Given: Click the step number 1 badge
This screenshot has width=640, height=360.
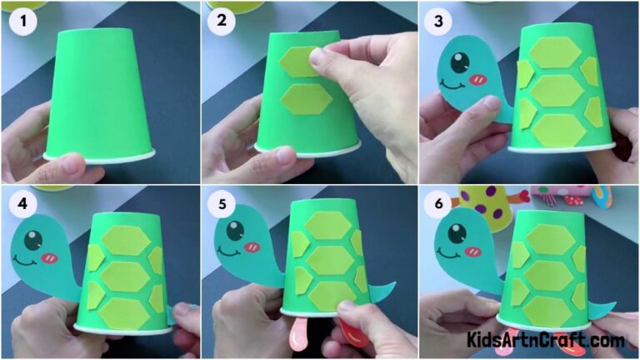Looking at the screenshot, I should (21, 22).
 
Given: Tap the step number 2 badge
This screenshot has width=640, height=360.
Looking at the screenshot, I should (222, 22).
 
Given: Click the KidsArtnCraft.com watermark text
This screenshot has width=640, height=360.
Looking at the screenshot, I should (546, 341).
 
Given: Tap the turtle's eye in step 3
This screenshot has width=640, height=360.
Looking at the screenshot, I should (459, 63).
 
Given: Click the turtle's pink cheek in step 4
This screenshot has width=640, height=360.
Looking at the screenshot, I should (49, 257).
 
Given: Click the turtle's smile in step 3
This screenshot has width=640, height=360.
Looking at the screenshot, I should (453, 84).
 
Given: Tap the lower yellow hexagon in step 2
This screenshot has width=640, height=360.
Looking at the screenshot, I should (306, 99).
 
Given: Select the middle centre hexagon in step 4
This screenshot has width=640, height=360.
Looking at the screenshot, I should (125, 276).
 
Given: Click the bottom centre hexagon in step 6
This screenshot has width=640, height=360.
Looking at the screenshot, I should (547, 309).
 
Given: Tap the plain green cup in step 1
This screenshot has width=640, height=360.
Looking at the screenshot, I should (100, 92).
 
